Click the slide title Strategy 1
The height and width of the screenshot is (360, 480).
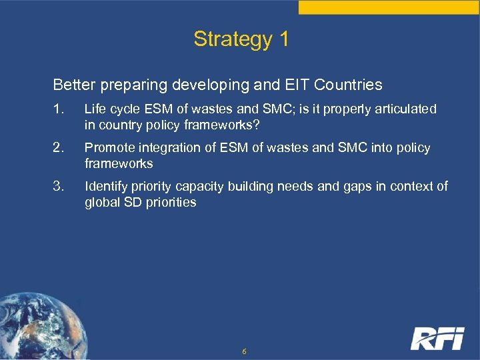click(241, 39)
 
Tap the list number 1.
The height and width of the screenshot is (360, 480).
click(58, 109)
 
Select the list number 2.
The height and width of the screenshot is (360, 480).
click(58, 148)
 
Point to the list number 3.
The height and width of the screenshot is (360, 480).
click(58, 187)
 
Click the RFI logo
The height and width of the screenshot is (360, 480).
click(437, 338)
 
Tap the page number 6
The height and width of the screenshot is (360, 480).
click(245, 351)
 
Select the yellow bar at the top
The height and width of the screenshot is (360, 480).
click(389, 7)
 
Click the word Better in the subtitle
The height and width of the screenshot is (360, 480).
click(73, 85)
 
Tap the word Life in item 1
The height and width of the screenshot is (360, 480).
click(95, 109)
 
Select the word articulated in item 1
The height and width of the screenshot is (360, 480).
click(407, 109)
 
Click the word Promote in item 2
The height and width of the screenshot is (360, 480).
click(107, 148)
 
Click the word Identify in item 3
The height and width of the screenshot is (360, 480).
click(105, 187)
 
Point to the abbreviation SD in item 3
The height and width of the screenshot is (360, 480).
click(132, 203)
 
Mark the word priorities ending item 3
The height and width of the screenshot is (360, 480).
click(170, 203)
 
